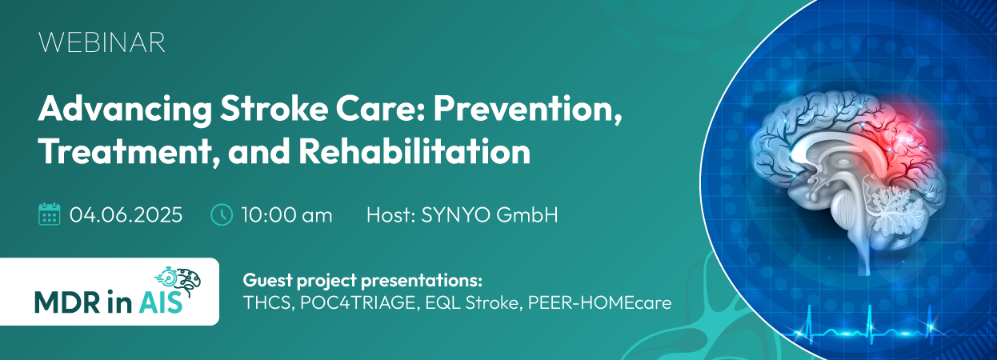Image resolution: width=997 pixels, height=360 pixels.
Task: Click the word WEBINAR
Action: [102, 42]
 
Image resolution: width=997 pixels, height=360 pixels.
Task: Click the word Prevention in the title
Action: [527, 110]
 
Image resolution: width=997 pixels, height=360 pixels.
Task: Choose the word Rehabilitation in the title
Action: [414, 151]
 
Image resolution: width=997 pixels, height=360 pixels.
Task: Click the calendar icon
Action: [50, 214]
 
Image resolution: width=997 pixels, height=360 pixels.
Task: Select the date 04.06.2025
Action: [126, 215]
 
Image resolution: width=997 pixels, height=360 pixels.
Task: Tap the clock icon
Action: [221, 214]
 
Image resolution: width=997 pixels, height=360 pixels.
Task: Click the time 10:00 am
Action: [287, 215]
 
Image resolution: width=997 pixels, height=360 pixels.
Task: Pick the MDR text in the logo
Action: [67, 302]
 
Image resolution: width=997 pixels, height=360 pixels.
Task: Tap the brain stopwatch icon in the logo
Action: [178, 280]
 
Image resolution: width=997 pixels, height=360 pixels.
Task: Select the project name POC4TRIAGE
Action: [358, 303]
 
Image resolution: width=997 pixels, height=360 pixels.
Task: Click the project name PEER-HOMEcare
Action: [599, 303]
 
